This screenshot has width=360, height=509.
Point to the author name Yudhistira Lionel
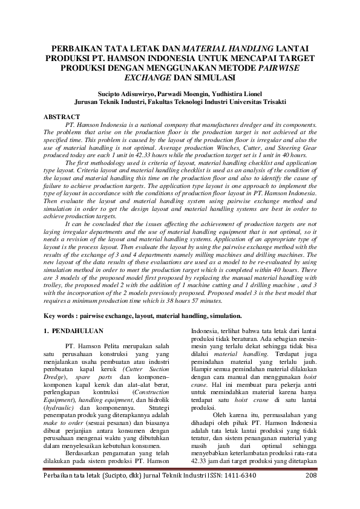point(240,94)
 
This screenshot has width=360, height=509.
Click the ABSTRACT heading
point(62,116)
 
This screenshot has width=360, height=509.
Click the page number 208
point(311,492)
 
